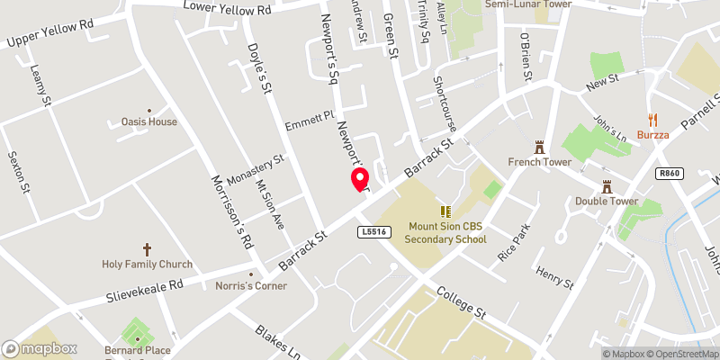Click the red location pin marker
359,179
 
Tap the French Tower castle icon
540,146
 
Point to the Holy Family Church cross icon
148,248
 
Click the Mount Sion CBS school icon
445,211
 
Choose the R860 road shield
668,173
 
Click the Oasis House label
149,121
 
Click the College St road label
462,303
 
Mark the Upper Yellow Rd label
49,35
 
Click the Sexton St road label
14,172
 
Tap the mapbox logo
40,348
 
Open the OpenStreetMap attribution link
682,354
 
